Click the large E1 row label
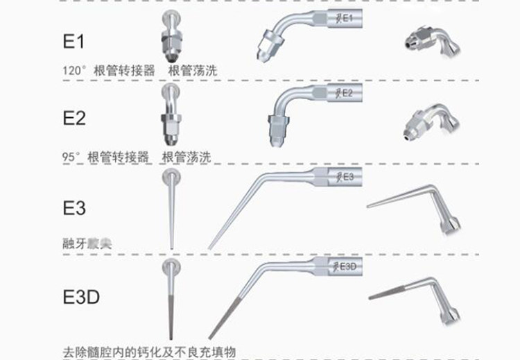(73, 41)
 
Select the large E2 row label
(73, 119)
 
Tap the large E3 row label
(73, 207)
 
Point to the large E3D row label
(81, 298)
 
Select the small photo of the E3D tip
(416, 295)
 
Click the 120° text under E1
(73, 70)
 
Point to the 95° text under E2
(71, 157)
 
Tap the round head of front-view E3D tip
(171, 268)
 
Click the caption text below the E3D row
(148, 352)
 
